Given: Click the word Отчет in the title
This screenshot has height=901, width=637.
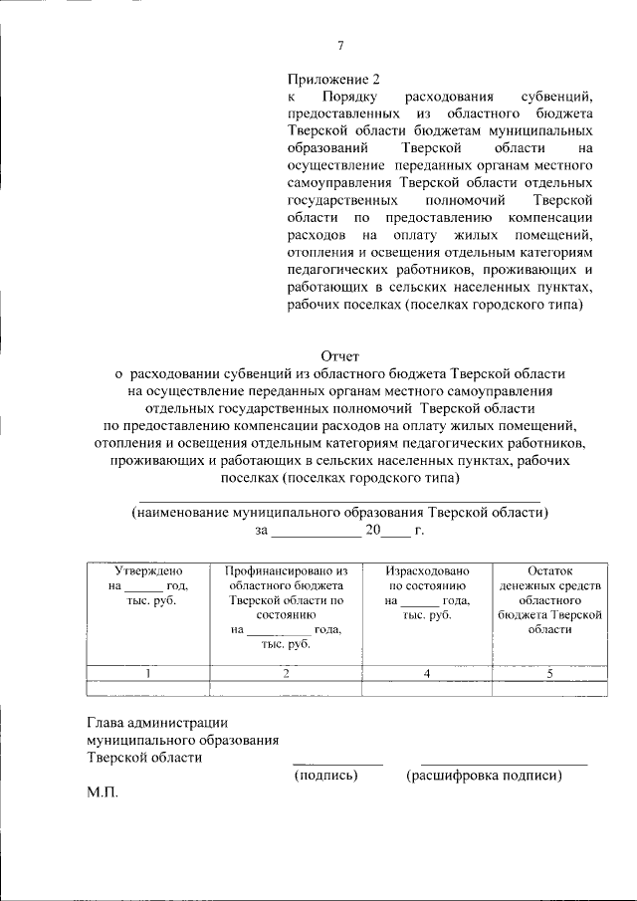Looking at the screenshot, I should (x=340, y=355).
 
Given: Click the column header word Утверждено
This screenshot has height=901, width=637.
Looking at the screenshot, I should (x=148, y=571).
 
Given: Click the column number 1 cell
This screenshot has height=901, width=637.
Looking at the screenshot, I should (x=148, y=673).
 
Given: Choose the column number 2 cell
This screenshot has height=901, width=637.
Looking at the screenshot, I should (x=286, y=673).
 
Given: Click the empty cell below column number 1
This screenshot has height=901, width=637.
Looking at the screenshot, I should (x=148, y=688).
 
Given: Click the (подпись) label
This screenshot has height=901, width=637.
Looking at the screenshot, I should (x=325, y=776).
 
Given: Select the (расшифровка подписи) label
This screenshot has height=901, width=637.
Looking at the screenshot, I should (x=484, y=776).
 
